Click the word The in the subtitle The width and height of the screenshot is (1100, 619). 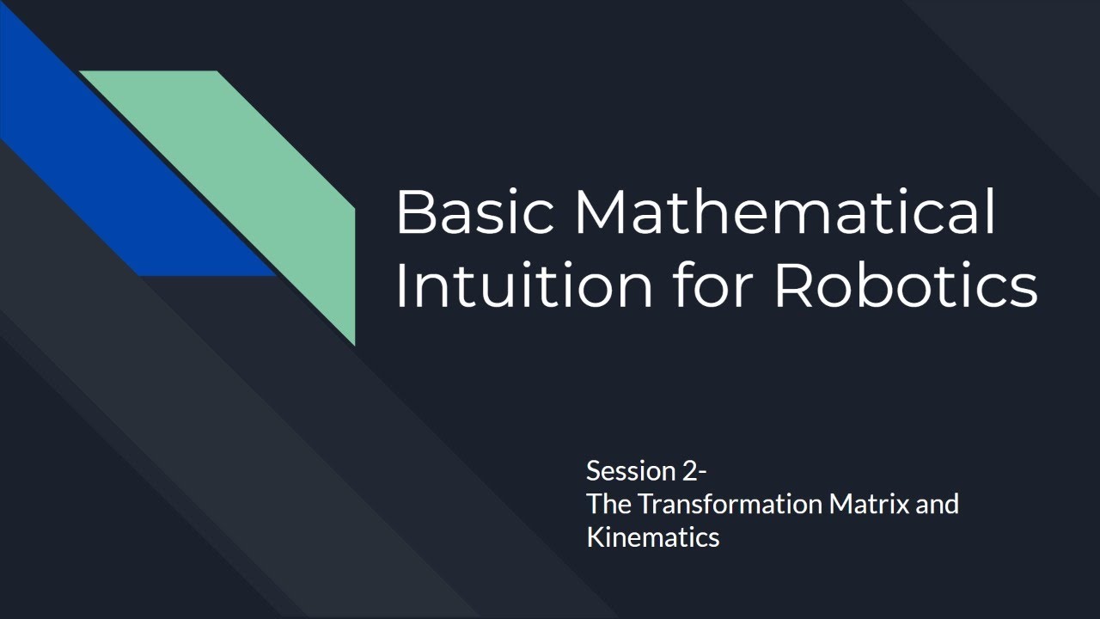point(604,504)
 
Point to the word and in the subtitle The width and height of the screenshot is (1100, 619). point(937,504)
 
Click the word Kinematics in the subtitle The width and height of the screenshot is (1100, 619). point(652,537)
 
